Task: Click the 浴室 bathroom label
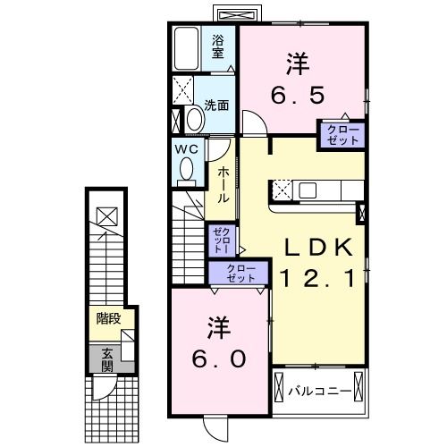[217, 45]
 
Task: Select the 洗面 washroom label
[216, 105]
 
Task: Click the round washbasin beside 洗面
[192, 120]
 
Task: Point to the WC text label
[185, 148]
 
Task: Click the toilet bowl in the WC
[186, 168]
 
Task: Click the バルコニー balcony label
[317, 391]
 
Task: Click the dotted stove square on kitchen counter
[282, 190]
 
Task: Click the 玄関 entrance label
[106, 359]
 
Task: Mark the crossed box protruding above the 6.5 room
[237, 15]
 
